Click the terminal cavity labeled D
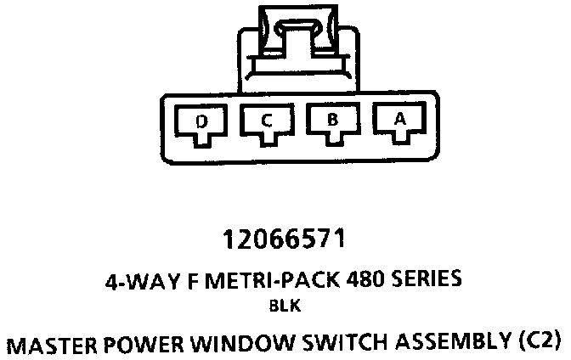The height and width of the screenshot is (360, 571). (x=201, y=125)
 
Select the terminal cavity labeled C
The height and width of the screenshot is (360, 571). (x=266, y=125)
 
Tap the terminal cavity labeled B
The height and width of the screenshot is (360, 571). (x=332, y=124)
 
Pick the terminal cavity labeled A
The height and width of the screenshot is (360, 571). (x=399, y=124)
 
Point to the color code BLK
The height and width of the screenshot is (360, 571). (x=285, y=306)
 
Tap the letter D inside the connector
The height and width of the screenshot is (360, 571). (x=201, y=121)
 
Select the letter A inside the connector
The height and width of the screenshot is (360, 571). (x=399, y=121)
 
